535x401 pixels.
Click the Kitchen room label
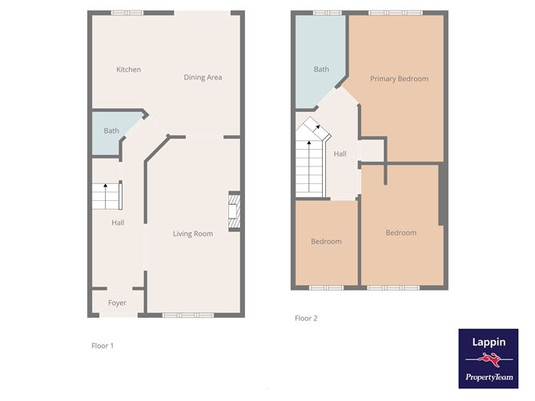coord(128,70)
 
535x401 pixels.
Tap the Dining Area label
coord(203,78)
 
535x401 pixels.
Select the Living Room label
coord(193,234)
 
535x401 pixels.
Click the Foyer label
coord(117,303)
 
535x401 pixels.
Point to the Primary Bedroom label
coord(399,78)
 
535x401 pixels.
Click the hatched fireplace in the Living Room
coord(235,211)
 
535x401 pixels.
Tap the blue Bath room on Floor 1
coord(111,133)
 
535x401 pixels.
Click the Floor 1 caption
coord(103,346)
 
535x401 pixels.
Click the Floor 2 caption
coord(306,318)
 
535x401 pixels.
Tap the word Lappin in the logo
coord(489,342)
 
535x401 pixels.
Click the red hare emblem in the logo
coord(489,359)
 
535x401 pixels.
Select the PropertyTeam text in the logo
coord(489,377)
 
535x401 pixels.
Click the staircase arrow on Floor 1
coord(106,196)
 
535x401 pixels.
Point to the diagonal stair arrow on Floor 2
coord(317,127)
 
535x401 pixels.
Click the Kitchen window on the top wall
coord(127,13)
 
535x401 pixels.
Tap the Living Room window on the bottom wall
coord(188,315)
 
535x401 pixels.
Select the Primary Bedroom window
coord(396,13)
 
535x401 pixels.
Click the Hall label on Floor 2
coord(340,154)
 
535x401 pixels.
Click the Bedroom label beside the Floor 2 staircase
coord(326,242)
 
